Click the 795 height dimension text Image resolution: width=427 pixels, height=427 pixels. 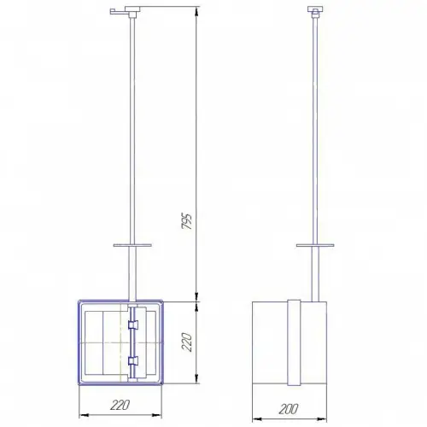pyautogui.click(x=187, y=220)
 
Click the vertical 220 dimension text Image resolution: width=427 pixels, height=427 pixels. pyautogui.click(x=187, y=342)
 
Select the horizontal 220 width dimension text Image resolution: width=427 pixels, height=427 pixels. pyautogui.click(x=120, y=405)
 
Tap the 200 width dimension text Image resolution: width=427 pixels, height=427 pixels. pyautogui.click(x=289, y=409)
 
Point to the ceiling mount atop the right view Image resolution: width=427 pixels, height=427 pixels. pyautogui.click(x=315, y=11)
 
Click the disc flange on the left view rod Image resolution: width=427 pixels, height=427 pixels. pyautogui.click(x=132, y=245)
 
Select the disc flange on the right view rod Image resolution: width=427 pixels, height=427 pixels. pyautogui.click(x=315, y=245)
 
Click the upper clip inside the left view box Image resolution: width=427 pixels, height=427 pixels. pyautogui.click(x=132, y=325)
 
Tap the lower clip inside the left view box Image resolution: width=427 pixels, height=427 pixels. pyautogui.click(x=132, y=360)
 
